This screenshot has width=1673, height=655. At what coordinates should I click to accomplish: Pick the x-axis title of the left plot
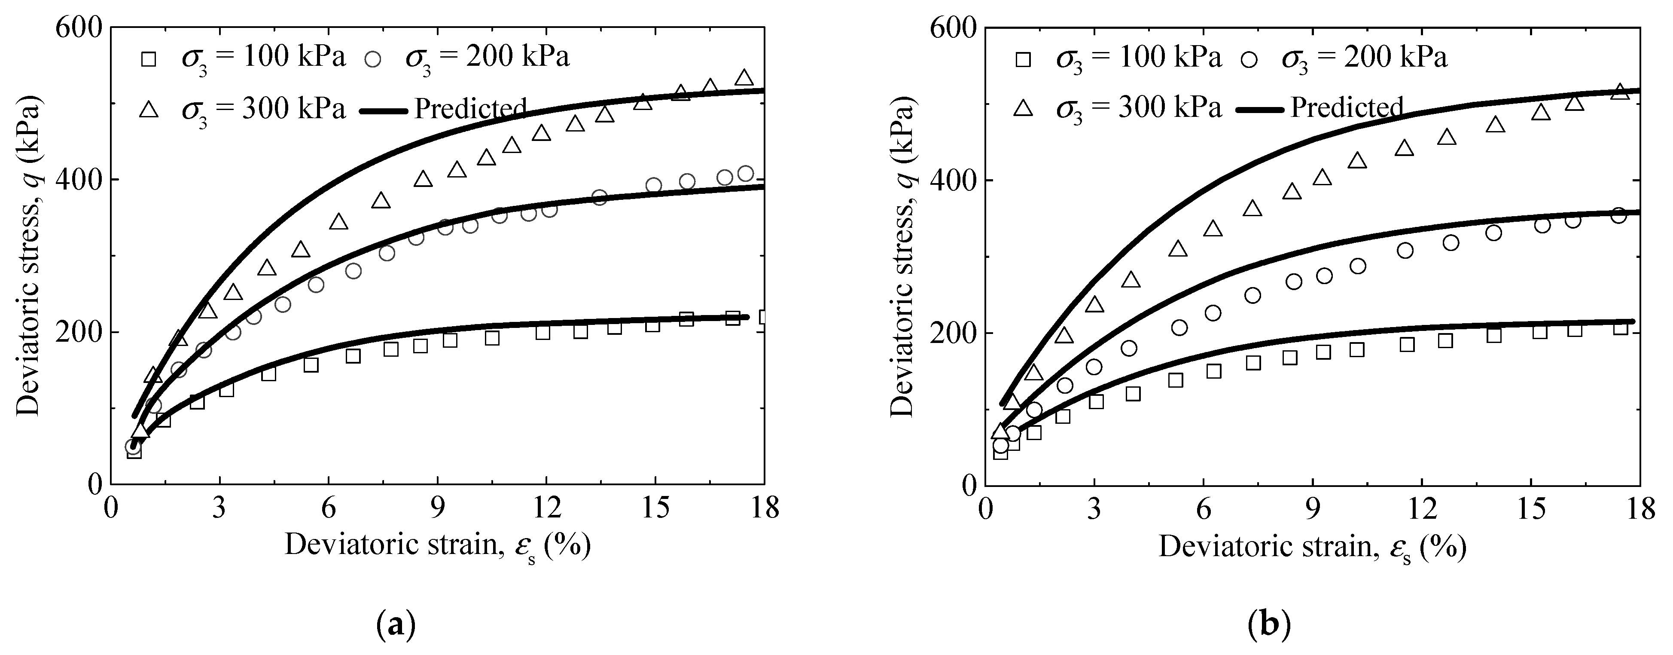(438, 545)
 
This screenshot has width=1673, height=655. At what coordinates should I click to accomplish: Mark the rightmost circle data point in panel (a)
(746, 174)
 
